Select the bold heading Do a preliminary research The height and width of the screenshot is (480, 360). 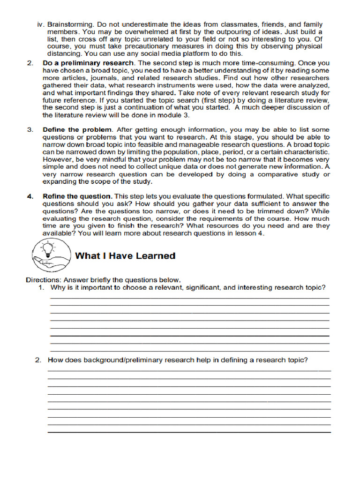point(89,63)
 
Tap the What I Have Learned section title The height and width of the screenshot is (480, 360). point(125,256)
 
